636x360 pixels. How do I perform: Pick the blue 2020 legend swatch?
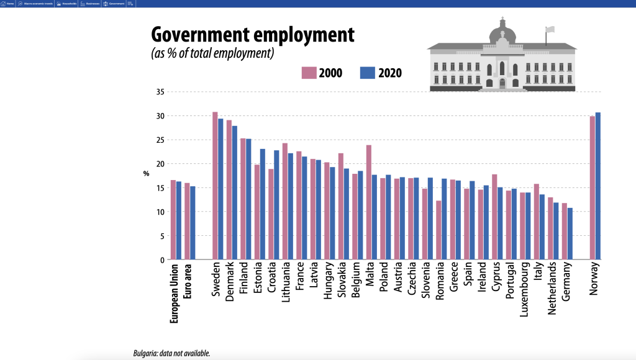[367, 73]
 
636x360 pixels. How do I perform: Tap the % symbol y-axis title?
[147, 174]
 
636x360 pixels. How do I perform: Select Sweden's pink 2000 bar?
[215, 186]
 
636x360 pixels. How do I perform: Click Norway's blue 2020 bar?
[598, 186]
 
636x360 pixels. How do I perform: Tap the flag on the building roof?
[549, 29]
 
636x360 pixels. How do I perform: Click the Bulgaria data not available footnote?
[172, 353]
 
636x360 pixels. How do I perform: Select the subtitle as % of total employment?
[212, 53]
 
